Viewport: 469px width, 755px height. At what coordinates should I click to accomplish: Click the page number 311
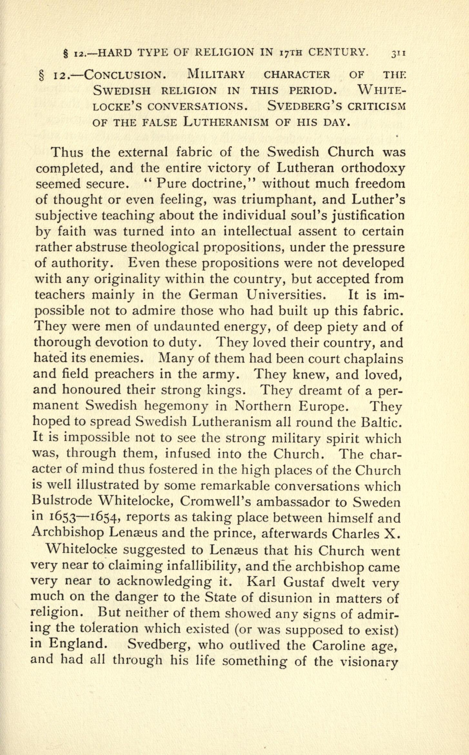(398, 53)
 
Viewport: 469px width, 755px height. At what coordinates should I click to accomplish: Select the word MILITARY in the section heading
(216, 75)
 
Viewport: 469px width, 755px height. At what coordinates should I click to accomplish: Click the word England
(77, 643)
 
